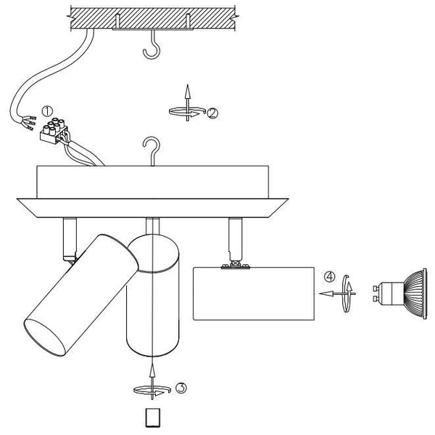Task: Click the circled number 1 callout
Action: click(x=47, y=111)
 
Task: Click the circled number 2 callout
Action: click(x=212, y=114)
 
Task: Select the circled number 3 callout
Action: click(x=181, y=388)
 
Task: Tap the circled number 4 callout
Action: click(x=330, y=277)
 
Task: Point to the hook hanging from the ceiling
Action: click(x=152, y=45)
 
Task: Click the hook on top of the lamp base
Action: click(x=152, y=151)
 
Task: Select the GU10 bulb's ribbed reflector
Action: click(x=415, y=294)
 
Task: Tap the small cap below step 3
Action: click(x=153, y=418)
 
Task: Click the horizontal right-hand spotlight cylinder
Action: click(x=254, y=294)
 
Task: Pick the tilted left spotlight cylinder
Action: click(x=81, y=295)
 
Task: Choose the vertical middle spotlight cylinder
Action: click(x=153, y=296)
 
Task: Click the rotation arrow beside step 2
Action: click(x=187, y=112)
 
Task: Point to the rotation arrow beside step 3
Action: click(x=152, y=390)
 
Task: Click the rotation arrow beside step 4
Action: click(x=347, y=294)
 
